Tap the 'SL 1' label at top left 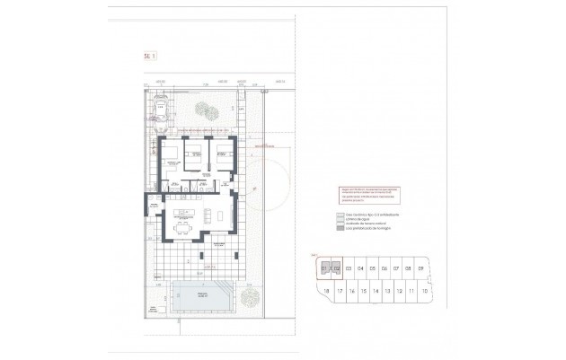[150, 57]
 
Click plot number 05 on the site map [372, 268]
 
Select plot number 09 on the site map [420, 268]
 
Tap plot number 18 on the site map [326, 292]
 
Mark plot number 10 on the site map [423, 292]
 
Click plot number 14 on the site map [375, 292]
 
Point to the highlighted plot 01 [324, 268]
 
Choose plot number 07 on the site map [396, 268]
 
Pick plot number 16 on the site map [350, 292]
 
